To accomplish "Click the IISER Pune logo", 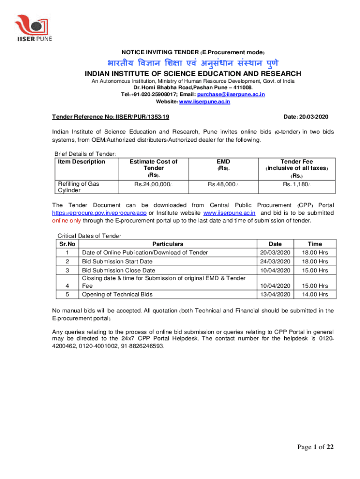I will click(x=33, y=28).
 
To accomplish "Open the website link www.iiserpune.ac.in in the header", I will click(x=205, y=102).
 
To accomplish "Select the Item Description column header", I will click(x=81, y=162).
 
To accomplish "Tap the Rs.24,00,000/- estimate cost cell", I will click(x=154, y=184).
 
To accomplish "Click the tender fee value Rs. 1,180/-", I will click(x=296, y=184).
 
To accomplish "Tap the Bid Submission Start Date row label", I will click(x=117, y=261).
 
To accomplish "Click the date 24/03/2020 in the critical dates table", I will click(x=275, y=261).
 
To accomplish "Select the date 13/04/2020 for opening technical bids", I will click(x=275, y=294).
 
